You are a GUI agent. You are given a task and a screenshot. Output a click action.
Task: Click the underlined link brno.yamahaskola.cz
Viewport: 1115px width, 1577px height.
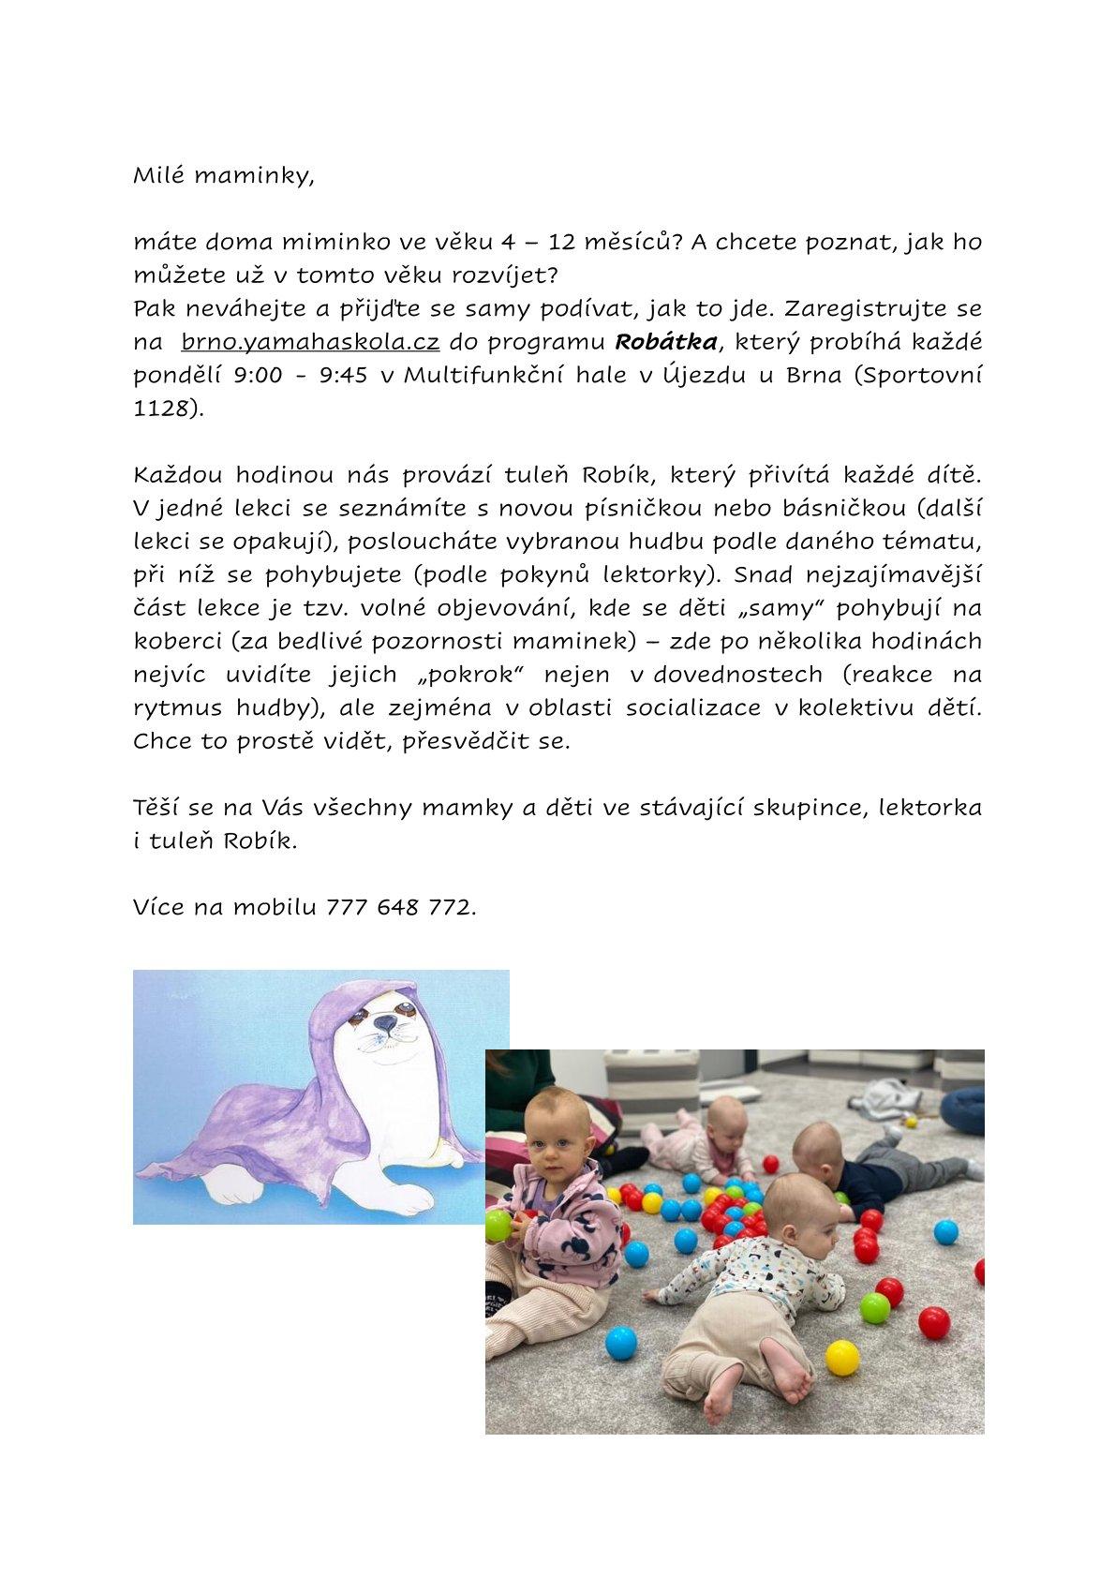tap(310, 342)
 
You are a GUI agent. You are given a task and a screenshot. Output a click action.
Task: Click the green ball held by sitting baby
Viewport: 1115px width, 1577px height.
tap(498, 1226)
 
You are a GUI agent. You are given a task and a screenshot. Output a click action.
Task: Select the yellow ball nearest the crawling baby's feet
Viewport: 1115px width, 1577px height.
tap(840, 1357)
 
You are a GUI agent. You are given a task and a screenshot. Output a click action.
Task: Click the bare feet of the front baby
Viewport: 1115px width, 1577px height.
tap(740, 1387)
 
